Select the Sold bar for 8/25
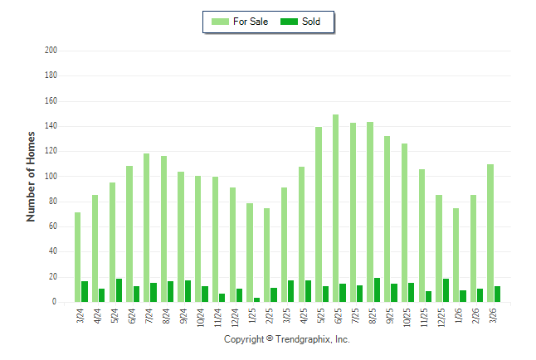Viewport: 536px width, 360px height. click(x=378, y=290)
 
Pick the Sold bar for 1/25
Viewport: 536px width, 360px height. click(x=257, y=299)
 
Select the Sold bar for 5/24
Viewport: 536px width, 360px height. click(x=119, y=290)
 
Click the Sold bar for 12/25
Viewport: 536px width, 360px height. click(x=446, y=290)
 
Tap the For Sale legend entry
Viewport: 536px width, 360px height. click(x=240, y=22)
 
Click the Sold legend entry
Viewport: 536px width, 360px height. click(x=300, y=22)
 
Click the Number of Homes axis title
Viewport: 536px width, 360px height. click(x=32, y=176)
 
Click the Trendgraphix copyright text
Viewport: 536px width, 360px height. click(x=287, y=339)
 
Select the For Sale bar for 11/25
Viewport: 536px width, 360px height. click(x=421, y=236)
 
